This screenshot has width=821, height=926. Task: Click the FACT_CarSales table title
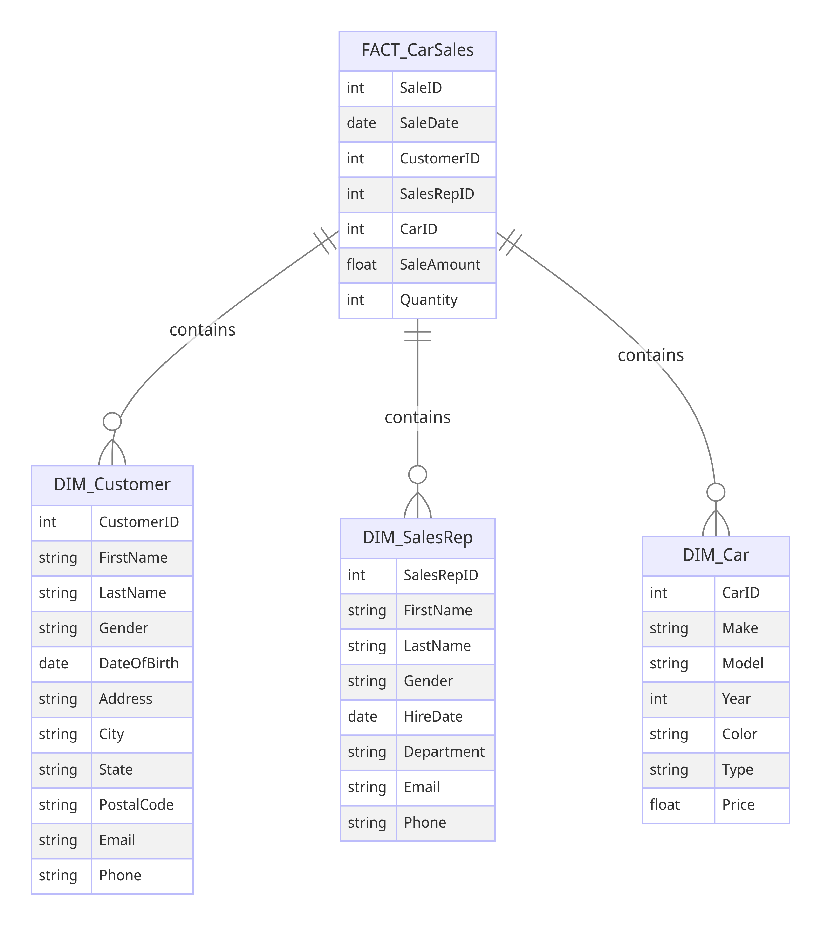[417, 50]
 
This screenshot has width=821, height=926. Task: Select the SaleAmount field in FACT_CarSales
[439, 265]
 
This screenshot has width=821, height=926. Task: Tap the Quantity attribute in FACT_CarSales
[428, 300]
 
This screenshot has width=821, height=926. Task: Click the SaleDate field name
[429, 123]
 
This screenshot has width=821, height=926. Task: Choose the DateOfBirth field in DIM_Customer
[139, 664]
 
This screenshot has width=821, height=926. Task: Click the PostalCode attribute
[136, 805]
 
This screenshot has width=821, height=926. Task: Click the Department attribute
[444, 752]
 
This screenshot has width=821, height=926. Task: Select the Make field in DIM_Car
[740, 628]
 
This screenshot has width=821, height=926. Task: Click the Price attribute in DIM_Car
[738, 805]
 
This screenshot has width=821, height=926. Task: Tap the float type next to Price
[665, 805]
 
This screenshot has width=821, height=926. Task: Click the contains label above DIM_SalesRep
[417, 417]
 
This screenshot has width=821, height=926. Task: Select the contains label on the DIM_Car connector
[651, 355]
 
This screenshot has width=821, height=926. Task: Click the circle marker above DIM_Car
[716, 492]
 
